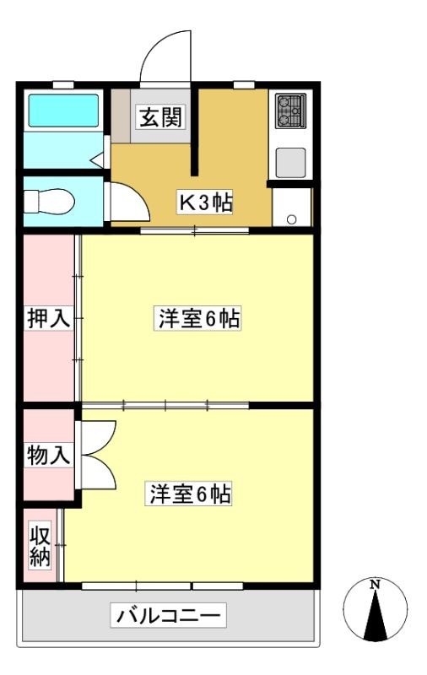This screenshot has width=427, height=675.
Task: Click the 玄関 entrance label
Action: [x=161, y=116]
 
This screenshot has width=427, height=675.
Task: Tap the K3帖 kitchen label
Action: [x=205, y=202]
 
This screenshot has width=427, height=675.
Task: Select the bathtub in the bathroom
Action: [x=63, y=111]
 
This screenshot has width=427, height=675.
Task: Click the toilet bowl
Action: [x=49, y=201]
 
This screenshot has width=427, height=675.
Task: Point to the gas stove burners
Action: [x=291, y=111]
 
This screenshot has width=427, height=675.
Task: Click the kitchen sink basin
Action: [x=291, y=162]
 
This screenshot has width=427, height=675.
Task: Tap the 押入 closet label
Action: [x=48, y=318]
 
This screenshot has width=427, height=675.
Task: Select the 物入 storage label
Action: [x=48, y=455]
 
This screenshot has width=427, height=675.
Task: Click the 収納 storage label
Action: [x=41, y=545]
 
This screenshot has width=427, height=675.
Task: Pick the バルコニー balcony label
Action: [x=168, y=615]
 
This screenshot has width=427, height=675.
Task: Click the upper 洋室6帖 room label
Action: [x=197, y=319]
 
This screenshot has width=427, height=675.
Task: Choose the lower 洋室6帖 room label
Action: [x=188, y=494]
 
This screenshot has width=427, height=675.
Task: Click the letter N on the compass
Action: [x=376, y=584]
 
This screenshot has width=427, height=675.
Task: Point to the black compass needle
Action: [x=376, y=615]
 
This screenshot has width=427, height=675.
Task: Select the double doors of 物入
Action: [x=98, y=455]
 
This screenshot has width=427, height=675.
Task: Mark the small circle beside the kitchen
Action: [x=291, y=219]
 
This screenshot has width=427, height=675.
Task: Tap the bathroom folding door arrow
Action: [x=97, y=160]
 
